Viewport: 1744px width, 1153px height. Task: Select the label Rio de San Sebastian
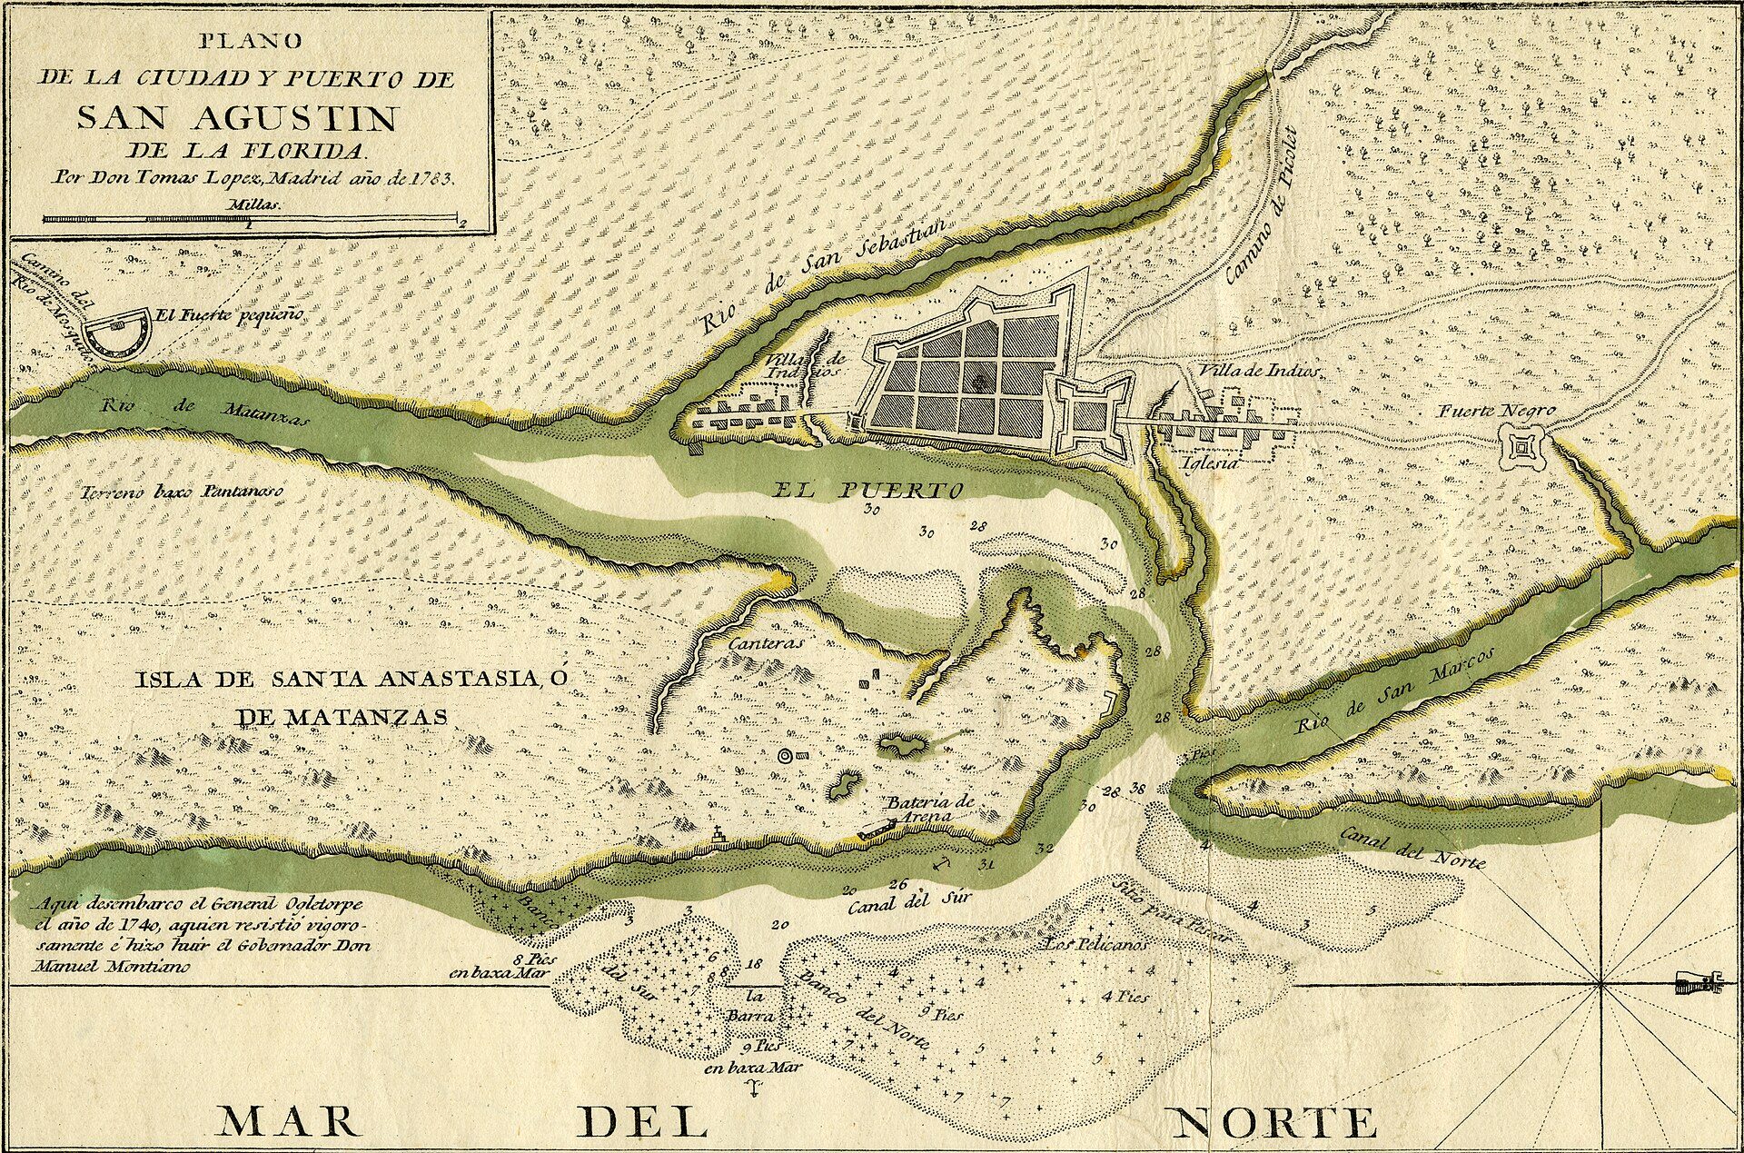coord(827,278)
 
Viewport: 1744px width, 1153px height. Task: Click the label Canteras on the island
coord(768,641)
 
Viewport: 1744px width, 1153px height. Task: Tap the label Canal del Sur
coord(910,901)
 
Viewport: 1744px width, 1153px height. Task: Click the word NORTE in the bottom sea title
coord(1273,1123)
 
